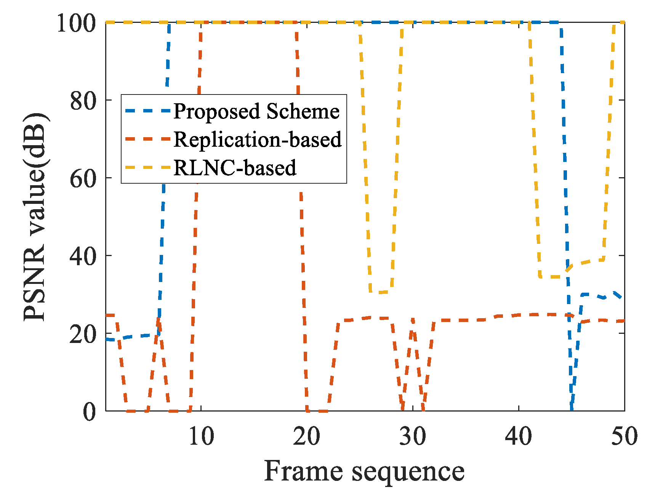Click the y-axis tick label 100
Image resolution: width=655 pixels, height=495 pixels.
point(75,23)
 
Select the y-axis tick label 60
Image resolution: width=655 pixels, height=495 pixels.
point(82,179)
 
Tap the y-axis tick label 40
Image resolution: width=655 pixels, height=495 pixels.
point(82,256)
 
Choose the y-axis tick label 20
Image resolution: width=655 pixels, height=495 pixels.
point(82,334)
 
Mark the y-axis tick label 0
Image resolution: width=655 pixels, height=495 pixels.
point(90,412)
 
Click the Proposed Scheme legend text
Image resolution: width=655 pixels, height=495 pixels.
point(256,111)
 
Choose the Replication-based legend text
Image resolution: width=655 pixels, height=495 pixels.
point(258,139)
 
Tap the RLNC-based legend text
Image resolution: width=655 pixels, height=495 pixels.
point(235,167)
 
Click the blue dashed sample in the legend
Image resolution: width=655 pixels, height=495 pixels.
point(147,111)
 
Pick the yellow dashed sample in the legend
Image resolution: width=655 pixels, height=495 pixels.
point(147,167)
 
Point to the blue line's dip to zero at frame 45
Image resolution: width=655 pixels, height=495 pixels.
point(571,408)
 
